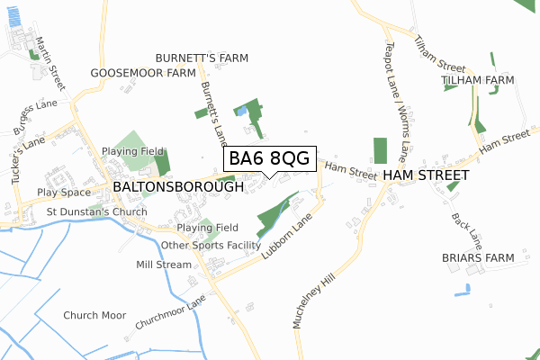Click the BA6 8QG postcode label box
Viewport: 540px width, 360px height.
[x=269, y=158]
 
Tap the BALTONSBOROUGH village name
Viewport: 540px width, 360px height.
[x=178, y=187]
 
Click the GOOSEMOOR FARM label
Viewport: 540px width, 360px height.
[x=143, y=73]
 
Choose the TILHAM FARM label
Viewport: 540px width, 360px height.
[x=478, y=80]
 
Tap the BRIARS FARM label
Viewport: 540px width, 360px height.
[x=478, y=258]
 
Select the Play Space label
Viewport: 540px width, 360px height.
[x=64, y=193]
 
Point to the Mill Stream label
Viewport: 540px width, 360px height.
[x=164, y=265]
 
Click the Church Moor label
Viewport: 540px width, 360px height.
[x=94, y=316]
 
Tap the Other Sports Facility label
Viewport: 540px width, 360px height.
[x=211, y=245]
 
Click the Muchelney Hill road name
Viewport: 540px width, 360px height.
[x=314, y=292]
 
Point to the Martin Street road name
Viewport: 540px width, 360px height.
[x=51, y=64]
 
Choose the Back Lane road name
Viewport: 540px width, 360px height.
[x=469, y=230]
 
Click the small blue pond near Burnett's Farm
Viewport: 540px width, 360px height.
[x=240, y=111]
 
